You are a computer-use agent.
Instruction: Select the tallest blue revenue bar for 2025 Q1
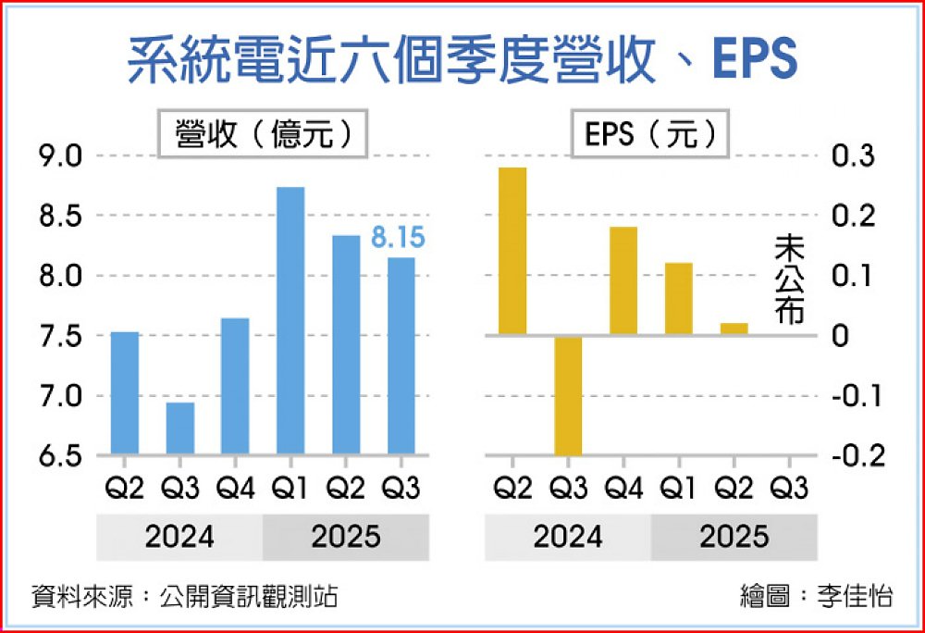coord(290,320)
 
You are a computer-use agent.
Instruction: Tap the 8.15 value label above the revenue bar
coord(398,239)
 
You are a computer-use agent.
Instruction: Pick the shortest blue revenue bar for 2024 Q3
coord(179,428)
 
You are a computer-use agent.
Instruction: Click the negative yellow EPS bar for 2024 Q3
coord(568,395)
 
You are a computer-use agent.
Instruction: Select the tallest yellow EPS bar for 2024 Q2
coord(512,251)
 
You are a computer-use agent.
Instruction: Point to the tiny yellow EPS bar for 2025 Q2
coord(734,329)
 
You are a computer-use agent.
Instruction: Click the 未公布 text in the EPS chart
coord(790,279)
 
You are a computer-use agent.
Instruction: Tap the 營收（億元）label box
coord(263,135)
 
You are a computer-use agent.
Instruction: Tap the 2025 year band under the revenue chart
coord(345,537)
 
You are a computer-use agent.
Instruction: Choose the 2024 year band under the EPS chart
coord(567,537)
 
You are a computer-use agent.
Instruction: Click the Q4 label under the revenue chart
coord(235,488)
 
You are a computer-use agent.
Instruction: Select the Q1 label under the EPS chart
coord(678,488)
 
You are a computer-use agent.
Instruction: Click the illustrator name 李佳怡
coord(856,596)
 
